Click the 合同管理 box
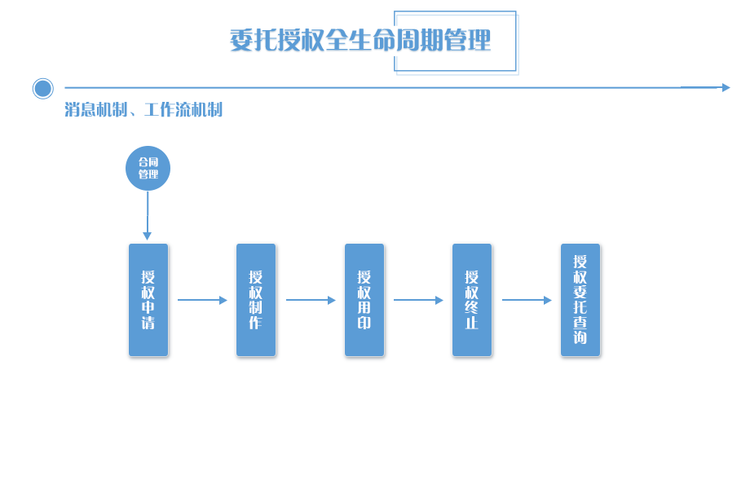[148, 168]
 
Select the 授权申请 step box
[148, 300]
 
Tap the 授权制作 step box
[256, 300]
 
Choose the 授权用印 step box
[364, 300]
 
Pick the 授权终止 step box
[472, 300]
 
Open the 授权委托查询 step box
[580, 300]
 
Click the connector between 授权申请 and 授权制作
[203, 300]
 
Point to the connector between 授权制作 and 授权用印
[311, 300]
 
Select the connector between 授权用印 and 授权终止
[419, 300]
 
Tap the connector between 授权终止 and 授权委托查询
[527, 300]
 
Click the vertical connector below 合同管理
[148, 216]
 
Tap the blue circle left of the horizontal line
[43, 88]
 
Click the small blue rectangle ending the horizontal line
[705, 87]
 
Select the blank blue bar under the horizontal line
[143, 109]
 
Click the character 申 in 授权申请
[148, 307]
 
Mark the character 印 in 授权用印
[364, 322]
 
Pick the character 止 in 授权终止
[472, 322]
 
